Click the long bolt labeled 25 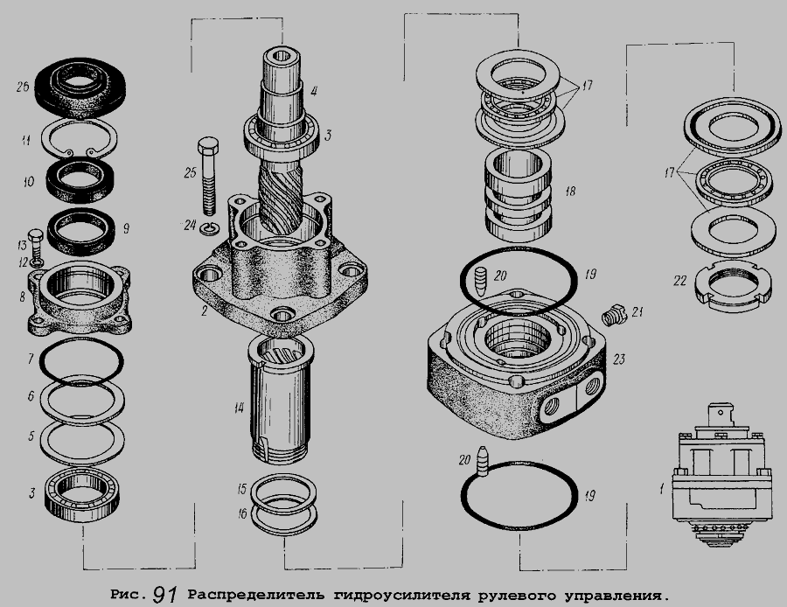[209, 176]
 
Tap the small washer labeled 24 [209, 229]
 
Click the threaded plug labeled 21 [614, 315]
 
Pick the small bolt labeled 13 [36, 242]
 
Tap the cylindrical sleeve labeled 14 [281, 399]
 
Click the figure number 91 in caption [165, 595]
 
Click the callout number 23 [619, 359]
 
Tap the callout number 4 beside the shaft [314, 91]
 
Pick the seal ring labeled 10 [80, 180]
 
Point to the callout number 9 [126, 229]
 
